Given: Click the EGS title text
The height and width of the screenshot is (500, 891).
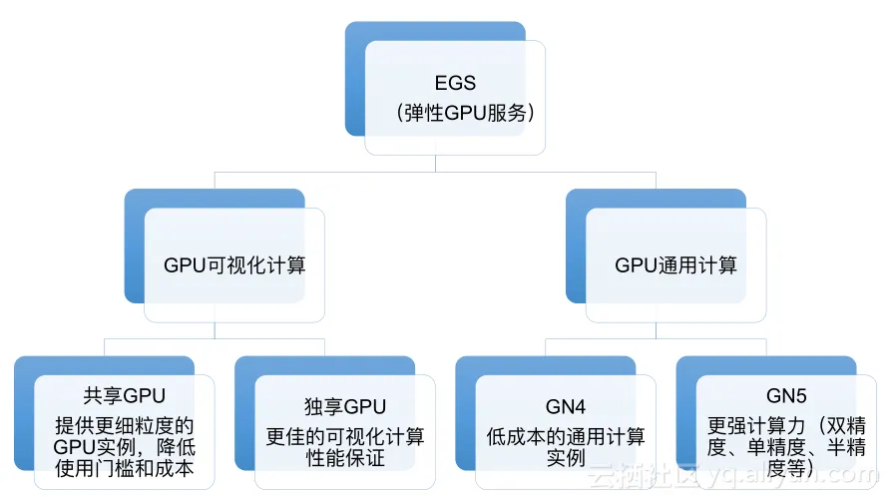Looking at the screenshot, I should (455, 84).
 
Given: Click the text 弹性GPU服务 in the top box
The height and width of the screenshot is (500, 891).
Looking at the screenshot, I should (455, 113).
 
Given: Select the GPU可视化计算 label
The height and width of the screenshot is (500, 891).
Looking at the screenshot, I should (234, 265).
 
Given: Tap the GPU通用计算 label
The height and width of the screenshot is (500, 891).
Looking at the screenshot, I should (675, 265).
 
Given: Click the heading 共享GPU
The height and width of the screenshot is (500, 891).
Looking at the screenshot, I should (125, 405).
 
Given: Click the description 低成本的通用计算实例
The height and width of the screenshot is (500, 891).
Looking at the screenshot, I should (566, 447).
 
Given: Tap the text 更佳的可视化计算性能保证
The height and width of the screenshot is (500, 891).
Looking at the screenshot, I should (345, 447).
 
